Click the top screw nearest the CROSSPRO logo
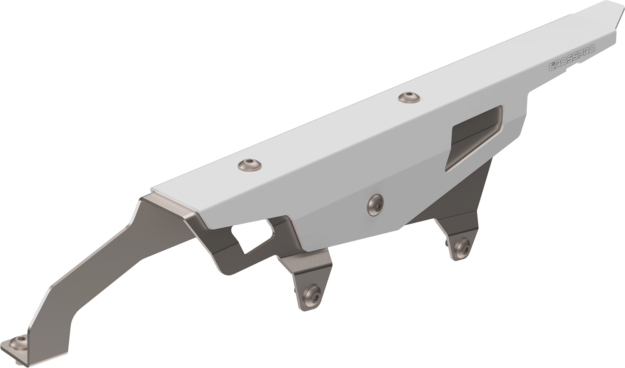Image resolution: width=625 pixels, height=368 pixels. [409, 98]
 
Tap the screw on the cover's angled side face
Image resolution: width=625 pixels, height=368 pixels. [375, 205]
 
